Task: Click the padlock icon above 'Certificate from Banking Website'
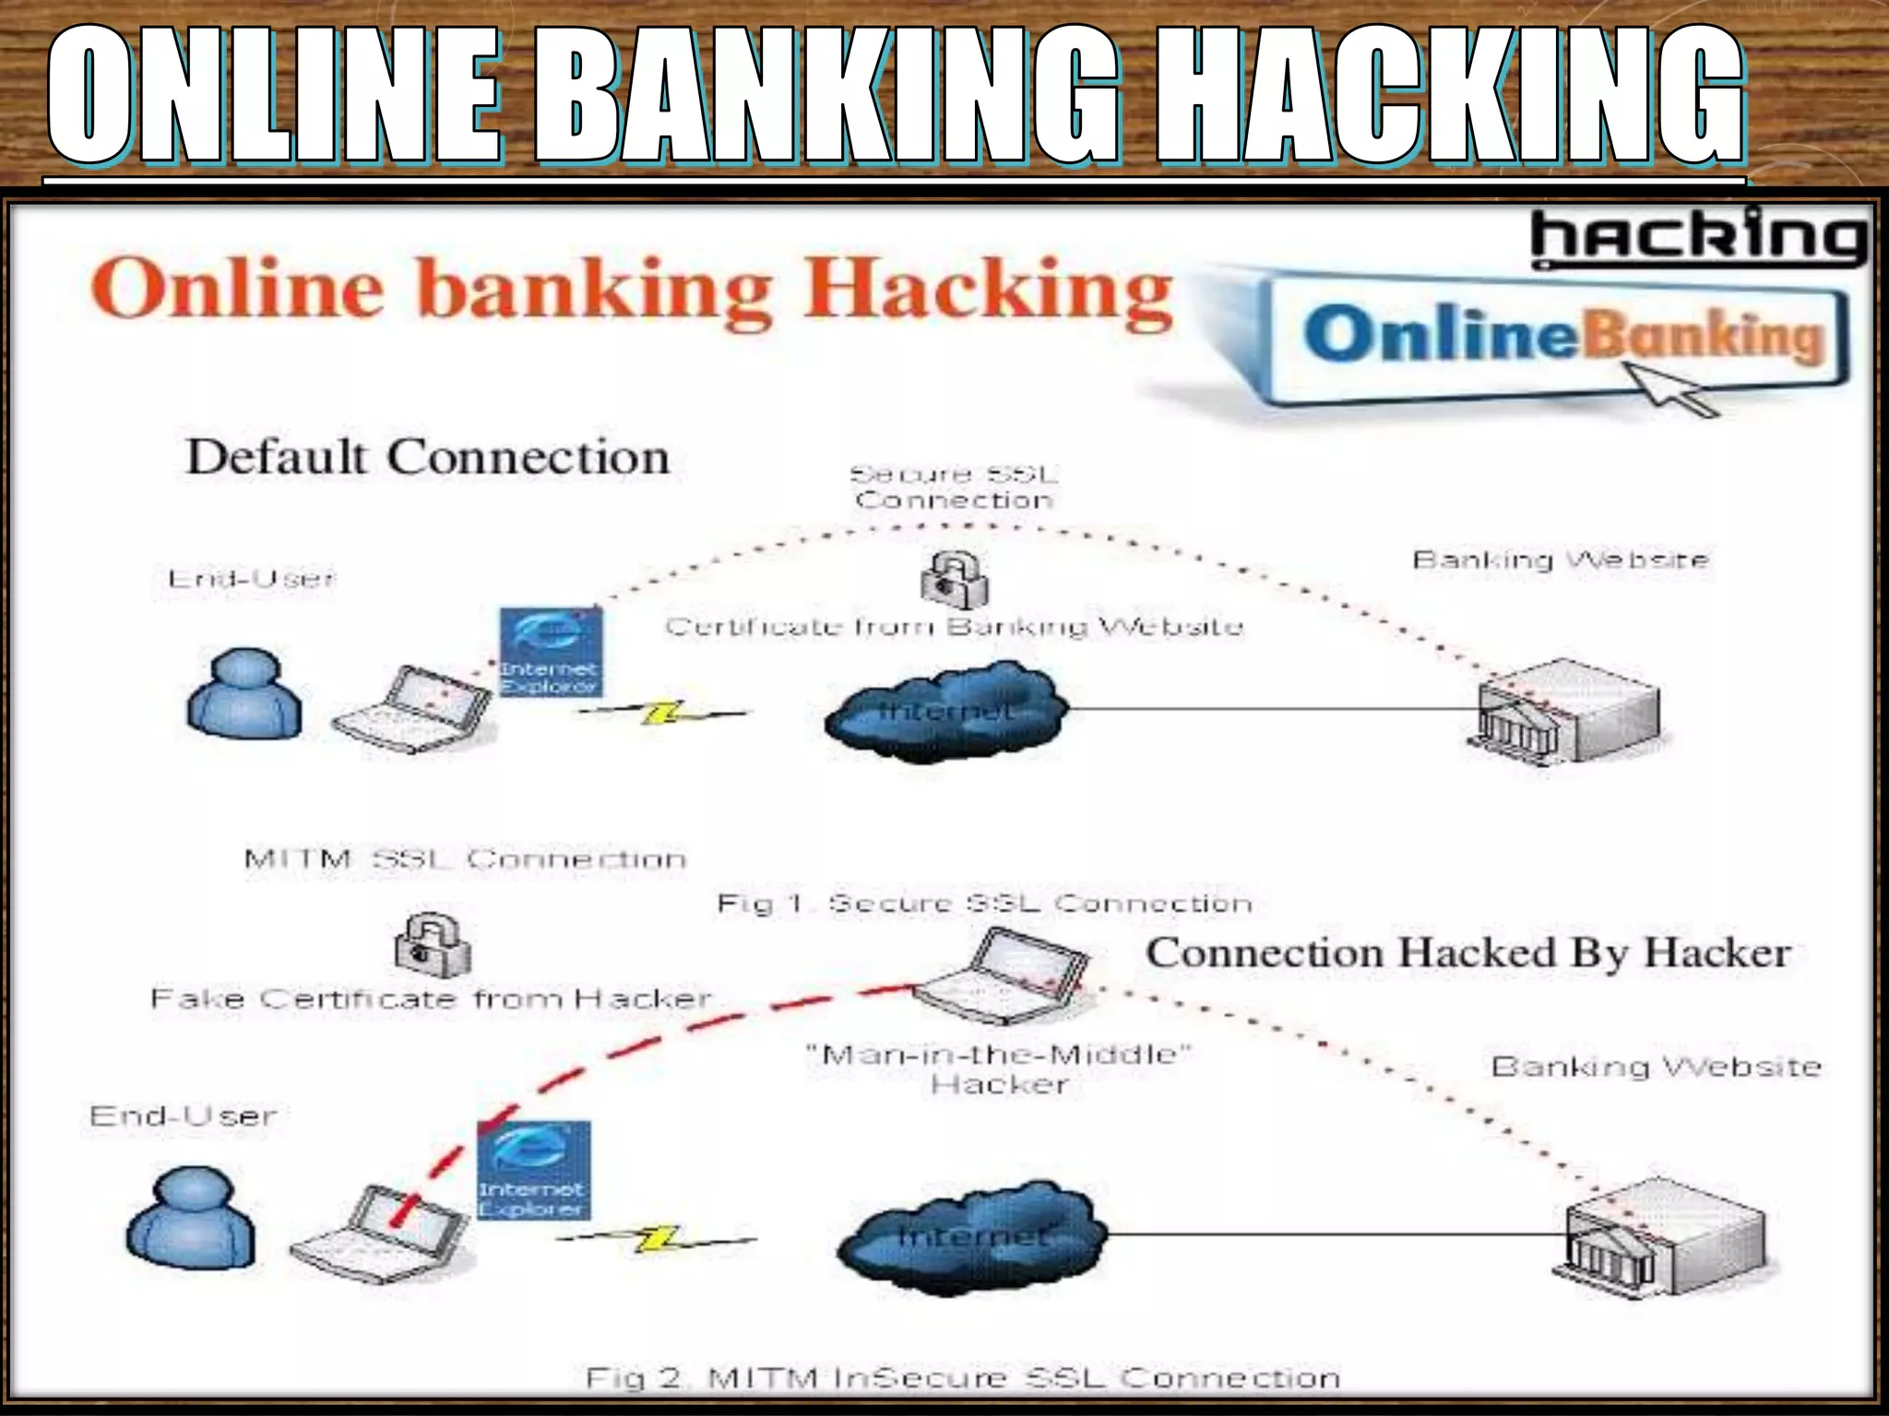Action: [955, 580]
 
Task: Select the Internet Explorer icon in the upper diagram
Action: [550, 652]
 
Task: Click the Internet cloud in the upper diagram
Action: [945, 712]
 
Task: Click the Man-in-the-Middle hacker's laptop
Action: [1000, 977]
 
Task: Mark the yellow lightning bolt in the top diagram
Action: [662, 713]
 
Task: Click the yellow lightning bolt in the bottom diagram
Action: [657, 1239]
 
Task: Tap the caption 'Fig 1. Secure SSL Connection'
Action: [984, 903]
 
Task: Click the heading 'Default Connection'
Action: [428, 457]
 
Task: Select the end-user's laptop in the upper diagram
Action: [412, 708]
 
